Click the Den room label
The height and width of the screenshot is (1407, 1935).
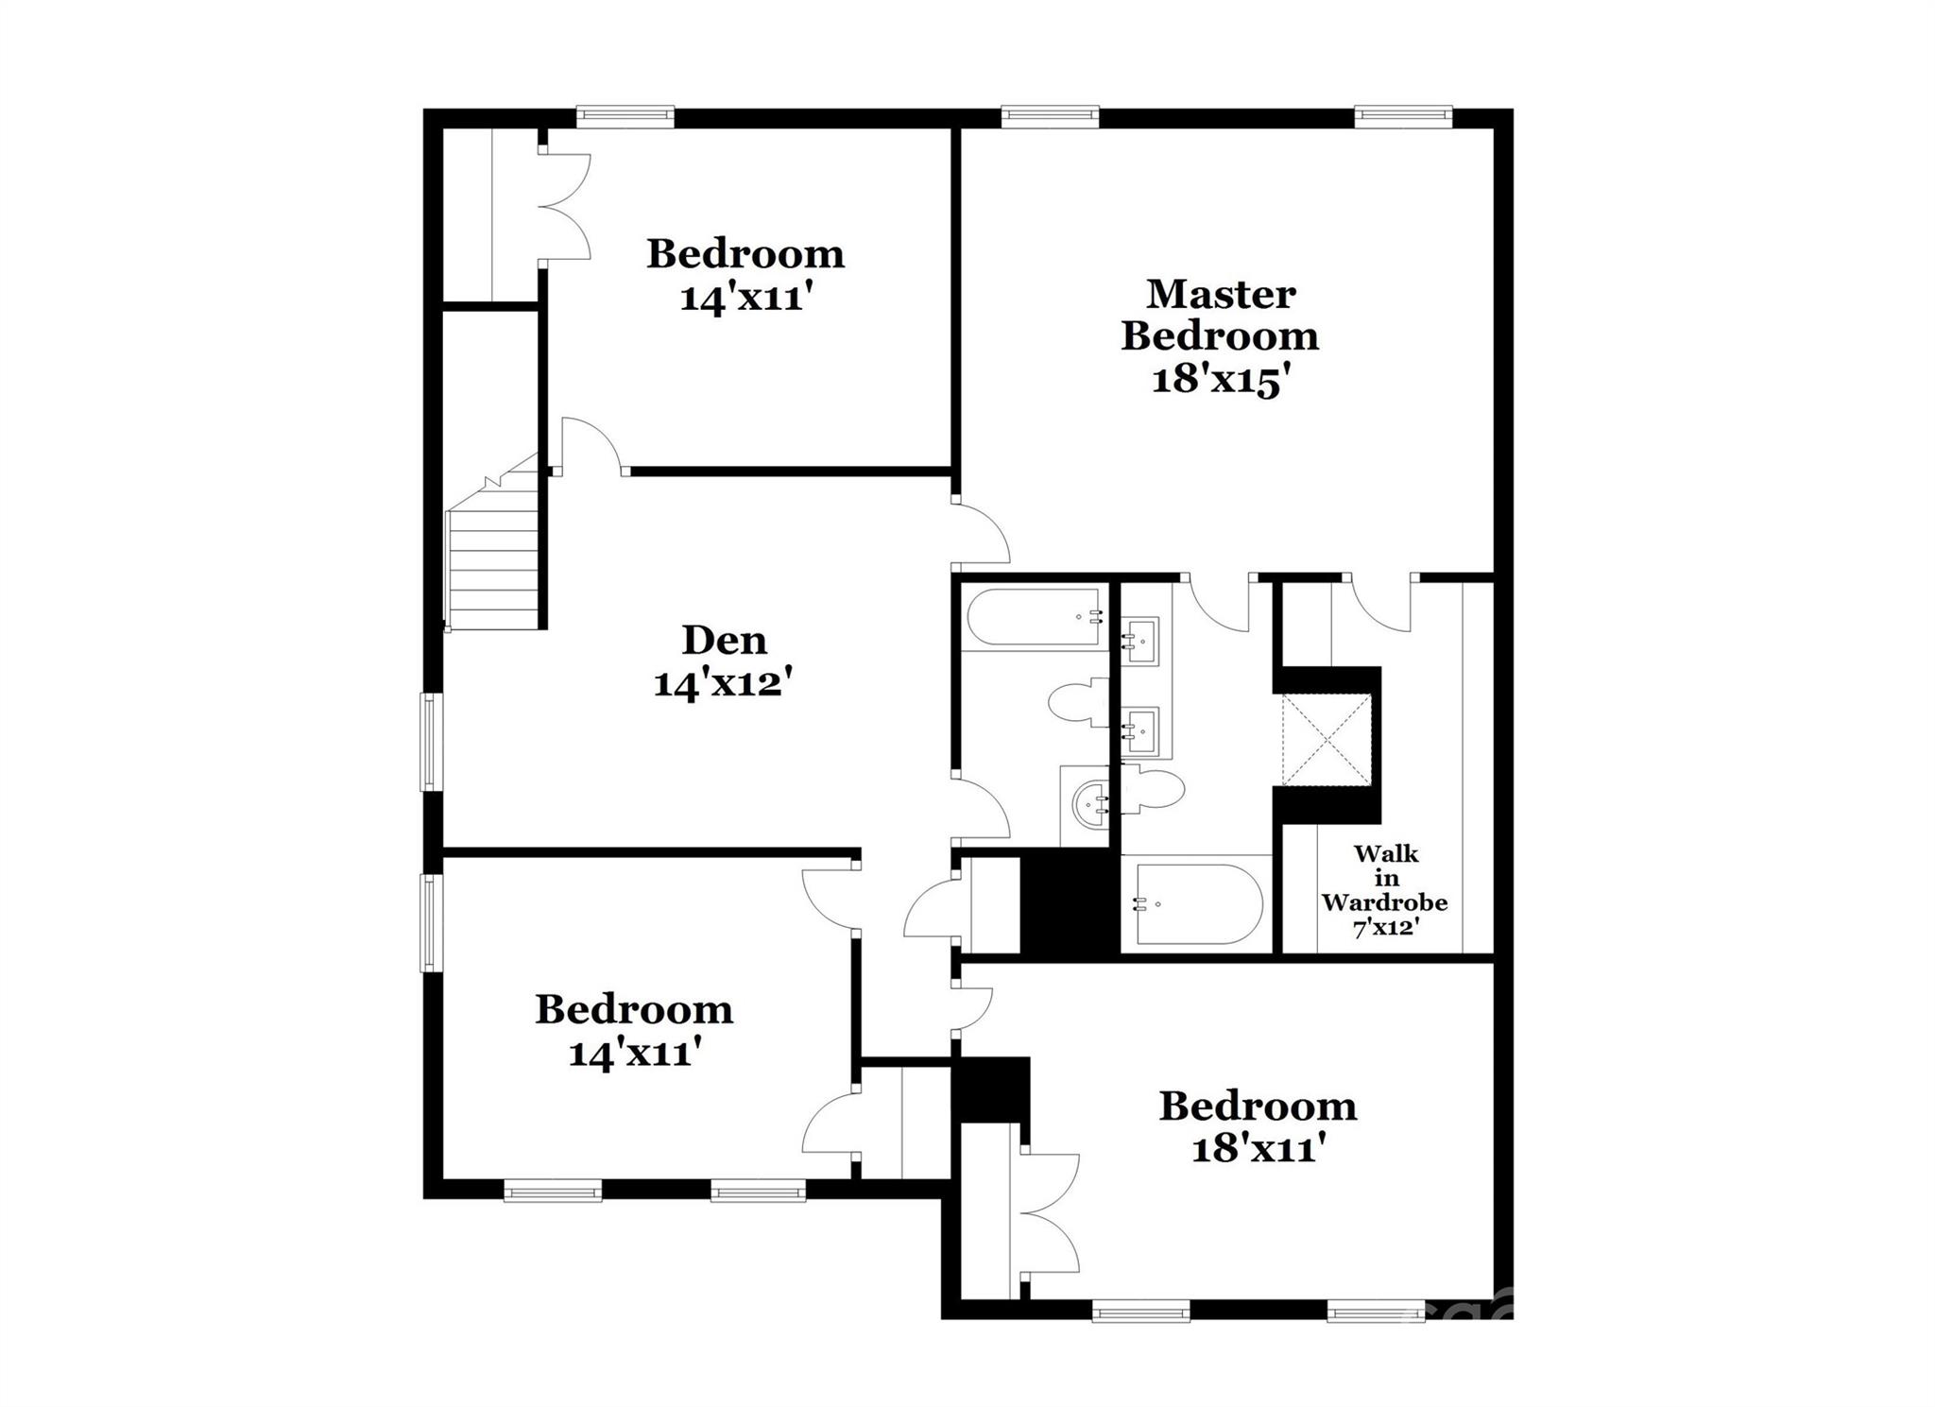[x=724, y=641]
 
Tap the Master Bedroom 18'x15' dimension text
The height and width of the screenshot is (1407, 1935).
[x=1220, y=381]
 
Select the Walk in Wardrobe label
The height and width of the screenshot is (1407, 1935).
[x=1385, y=889]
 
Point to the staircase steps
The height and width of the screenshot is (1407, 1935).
[x=491, y=567]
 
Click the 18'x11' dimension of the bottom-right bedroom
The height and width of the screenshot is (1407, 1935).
[x=1258, y=1150]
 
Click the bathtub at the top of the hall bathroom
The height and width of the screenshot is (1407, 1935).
[x=1034, y=617]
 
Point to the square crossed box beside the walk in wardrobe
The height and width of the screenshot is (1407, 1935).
[x=1326, y=740]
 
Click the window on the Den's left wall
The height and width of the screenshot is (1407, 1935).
[x=431, y=741]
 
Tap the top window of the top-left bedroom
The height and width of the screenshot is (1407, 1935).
[x=625, y=117]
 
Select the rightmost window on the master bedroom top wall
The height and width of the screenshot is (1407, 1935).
[x=1402, y=117]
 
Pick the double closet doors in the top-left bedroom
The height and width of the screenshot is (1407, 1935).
[x=565, y=206]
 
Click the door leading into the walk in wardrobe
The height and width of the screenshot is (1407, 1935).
[x=1379, y=605]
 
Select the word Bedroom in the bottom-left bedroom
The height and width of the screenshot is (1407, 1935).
[x=634, y=1010]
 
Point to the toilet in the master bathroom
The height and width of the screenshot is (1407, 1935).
[x=1153, y=789]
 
